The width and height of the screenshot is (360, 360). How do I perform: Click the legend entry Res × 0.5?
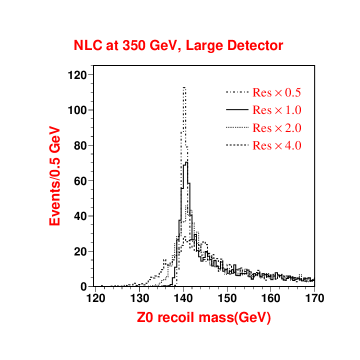pyautogui.click(x=277, y=92)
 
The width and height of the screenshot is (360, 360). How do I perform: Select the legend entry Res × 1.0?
pyautogui.click(x=277, y=110)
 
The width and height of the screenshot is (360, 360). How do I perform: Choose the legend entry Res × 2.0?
pyautogui.click(x=277, y=128)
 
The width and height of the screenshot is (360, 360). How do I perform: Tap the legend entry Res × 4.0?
pyautogui.click(x=277, y=146)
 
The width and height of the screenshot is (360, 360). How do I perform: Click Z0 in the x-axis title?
pyautogui.click(x=146, y=318)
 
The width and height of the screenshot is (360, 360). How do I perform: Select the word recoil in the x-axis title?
pyautogui.click(x=178, y=318)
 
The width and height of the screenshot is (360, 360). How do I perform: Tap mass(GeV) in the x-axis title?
pyautogui.click(x=236, y=318)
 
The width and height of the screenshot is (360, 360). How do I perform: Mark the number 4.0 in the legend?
pyautogui.click(x=293, y=146)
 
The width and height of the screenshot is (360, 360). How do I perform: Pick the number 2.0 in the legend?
pyautogui.click(x=293, y=128)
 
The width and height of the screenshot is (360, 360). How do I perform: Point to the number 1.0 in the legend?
pyautogui.click(x=293, y=110)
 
